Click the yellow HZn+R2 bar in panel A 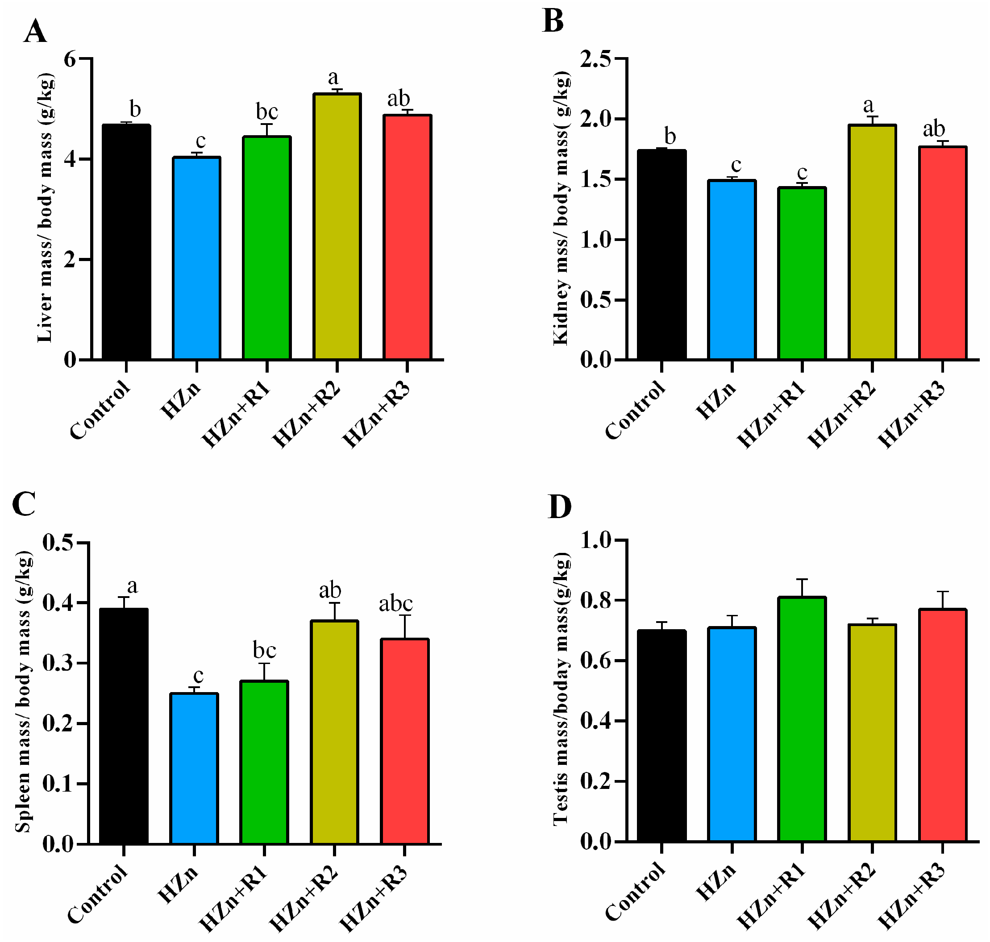pos(337,226)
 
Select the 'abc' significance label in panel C pos(396,604)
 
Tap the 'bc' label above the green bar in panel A pos(267,112)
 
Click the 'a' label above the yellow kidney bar pos(869,105)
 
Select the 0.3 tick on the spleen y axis pos(58,663)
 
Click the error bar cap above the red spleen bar pos(405,615)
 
